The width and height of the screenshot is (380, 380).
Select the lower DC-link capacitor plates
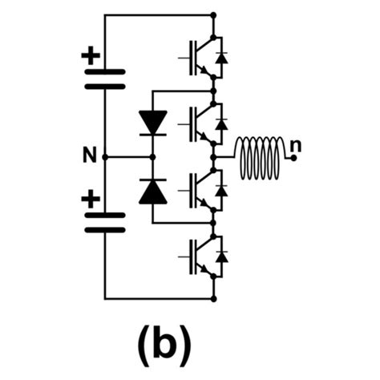104,220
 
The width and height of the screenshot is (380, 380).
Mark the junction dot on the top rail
213,14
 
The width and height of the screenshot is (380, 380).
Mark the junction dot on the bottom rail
213,298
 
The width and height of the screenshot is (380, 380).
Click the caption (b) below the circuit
162,342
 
